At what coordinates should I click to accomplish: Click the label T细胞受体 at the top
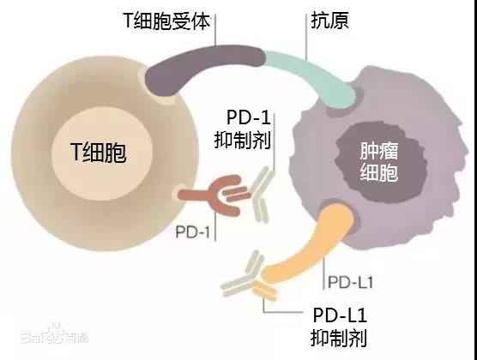[166, 21]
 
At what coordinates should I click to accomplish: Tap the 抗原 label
[329, 21]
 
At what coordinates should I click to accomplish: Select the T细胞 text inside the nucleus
[99, 152]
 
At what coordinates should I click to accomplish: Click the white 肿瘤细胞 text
[379, 161]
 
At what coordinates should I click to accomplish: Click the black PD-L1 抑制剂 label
[339, 327]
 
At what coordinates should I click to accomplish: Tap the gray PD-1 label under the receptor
[193, 232]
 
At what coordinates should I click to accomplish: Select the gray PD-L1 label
[350, 283]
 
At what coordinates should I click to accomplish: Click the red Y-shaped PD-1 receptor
[213, 195]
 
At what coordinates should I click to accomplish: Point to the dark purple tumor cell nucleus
[381, 162]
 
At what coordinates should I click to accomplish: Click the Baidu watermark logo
[54, 334]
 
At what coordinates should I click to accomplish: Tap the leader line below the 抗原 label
[305, 37]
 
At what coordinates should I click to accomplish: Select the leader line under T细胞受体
[215, 30]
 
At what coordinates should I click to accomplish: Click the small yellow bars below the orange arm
[264, 290]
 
